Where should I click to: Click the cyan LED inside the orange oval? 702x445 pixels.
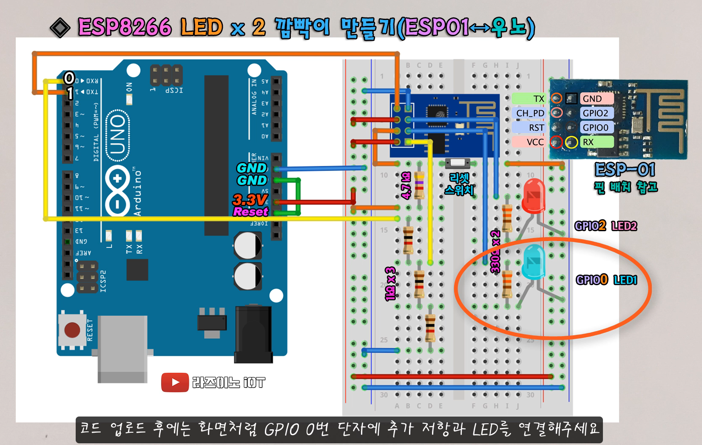pos(533,261)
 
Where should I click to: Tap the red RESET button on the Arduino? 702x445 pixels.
pos(72,330)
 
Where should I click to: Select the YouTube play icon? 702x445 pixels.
pos(175,383)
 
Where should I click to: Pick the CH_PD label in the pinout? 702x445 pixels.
pos(530,113)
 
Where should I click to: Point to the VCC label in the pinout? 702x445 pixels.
pos(534,142)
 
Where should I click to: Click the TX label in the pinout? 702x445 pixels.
pos(538,99)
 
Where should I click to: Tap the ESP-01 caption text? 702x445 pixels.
pos(625,170)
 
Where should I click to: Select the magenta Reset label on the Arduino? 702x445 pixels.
pos(250,211)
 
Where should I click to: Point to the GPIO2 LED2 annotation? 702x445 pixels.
pos(605,226)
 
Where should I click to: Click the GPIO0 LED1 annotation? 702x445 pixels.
pos(606,280)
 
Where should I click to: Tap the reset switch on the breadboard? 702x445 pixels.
pos(457,163)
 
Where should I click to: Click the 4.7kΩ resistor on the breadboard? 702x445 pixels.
pos(419,185)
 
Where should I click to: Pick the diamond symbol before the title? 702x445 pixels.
pos(60,28)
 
